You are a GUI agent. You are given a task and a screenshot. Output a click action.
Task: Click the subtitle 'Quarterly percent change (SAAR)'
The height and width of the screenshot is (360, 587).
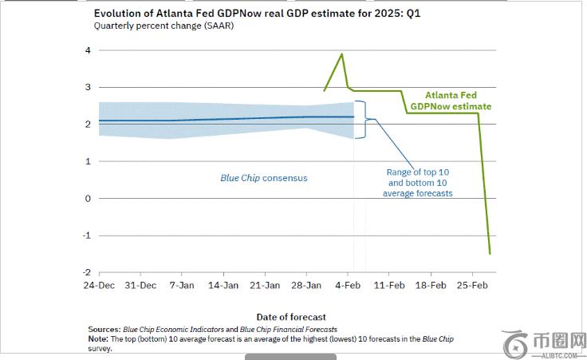tap(164, 26)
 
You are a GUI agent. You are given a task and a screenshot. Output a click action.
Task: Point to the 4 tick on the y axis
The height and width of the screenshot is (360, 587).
tap(88, 50)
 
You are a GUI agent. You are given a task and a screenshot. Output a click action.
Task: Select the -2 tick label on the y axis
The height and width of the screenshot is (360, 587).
tap(86, 272)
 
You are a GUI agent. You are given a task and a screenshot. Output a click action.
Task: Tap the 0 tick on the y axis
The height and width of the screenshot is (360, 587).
tap(88, 198)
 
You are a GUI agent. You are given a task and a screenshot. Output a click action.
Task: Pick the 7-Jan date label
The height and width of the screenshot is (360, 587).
tap(182, 285)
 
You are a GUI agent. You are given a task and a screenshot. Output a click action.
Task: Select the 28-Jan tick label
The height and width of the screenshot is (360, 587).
tap(307, 285)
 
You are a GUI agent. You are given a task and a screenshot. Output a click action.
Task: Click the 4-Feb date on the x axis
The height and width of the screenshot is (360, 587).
tap(349, 285)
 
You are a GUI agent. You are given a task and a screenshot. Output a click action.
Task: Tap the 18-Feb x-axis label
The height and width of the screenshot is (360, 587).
tap(431, 285)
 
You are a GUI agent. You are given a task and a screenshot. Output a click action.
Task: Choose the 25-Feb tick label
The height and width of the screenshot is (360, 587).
tap(472, 285)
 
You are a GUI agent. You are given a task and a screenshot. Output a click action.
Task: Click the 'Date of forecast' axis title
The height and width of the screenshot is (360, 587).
tap(291, 317)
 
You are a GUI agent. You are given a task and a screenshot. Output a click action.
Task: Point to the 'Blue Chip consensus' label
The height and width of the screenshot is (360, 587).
tap(263, 178)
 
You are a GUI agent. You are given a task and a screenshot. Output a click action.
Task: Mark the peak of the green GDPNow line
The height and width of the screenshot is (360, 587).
tap(342, 54)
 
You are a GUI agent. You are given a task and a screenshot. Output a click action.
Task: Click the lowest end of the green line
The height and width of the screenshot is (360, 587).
tap(490, 254)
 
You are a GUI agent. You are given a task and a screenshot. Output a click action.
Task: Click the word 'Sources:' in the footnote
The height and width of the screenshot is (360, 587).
tap(104, 329)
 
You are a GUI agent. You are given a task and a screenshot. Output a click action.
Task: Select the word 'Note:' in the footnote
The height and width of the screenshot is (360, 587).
tap(99, 338)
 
